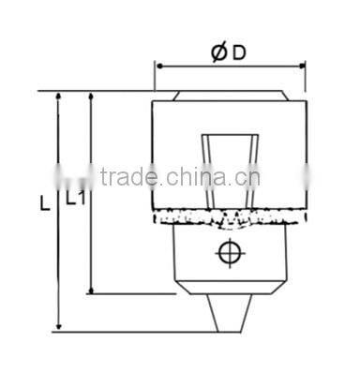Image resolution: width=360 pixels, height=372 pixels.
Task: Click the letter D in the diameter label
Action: point(239,53)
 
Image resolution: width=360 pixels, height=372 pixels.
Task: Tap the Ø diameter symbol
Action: point(218,53)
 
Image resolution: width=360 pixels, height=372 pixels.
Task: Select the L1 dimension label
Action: point(76,198)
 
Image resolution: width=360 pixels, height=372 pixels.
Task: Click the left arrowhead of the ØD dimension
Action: point(159,67)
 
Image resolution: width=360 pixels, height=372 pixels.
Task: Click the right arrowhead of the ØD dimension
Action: point(301,67)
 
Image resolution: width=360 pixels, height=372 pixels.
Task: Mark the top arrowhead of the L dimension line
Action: point(59,97)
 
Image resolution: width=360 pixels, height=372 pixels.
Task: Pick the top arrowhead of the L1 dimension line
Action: point(90,97)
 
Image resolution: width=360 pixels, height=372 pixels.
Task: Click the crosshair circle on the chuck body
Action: point(228,252)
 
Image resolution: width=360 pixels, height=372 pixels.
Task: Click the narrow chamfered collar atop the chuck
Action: point(229,97)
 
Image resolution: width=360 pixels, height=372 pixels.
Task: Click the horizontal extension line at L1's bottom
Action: point(131,292)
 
